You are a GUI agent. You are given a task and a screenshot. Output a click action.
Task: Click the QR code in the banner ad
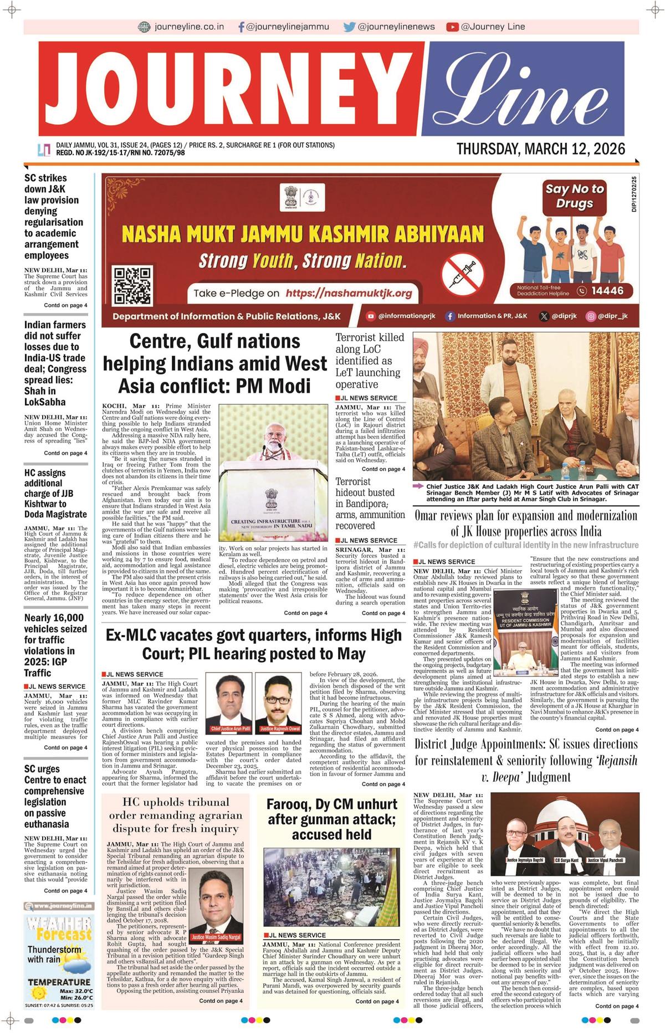click(x=132, y=285)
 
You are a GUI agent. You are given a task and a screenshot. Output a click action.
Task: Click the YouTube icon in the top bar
click(x=452, y=27)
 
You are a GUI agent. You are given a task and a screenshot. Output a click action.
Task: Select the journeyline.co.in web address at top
click(x=189, y=27)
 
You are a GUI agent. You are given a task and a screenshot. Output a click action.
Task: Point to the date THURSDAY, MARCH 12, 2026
click(x=540, y=148)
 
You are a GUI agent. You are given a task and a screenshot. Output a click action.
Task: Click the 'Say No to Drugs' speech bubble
click(x=575, y=196)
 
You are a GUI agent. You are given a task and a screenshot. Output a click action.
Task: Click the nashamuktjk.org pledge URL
click(x=349, y=293)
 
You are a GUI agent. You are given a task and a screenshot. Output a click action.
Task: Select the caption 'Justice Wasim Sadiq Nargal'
click(x=216, y=937)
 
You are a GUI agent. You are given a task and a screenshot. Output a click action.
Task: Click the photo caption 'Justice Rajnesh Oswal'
click(x=280, y=729)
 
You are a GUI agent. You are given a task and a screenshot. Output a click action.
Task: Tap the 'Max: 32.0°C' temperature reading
click(x=76, y=991)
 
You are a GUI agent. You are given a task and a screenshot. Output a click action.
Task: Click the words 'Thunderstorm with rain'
click(x=54, y=954)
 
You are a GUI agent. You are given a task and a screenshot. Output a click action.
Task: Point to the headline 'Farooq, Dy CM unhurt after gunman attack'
click(x=331, y=819)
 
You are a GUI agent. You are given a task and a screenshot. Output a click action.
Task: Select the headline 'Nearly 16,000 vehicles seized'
click(x=55, y=645)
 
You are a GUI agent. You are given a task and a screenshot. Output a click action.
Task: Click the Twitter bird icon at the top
click(x=349, y=27)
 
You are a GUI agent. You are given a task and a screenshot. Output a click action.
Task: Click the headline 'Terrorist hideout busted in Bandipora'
click(x=370, y=504)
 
